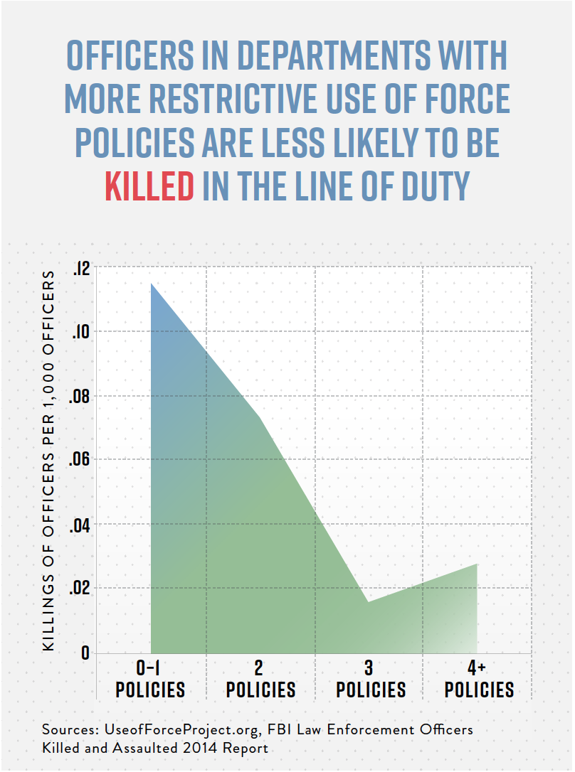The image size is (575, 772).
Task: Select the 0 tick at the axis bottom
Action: pyautogui.click(x=85, y=653)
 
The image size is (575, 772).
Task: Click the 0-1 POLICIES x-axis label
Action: pyautogui.click(x=150, y=680)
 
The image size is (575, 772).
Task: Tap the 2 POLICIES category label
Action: pyautogui.click(x=260, y=680)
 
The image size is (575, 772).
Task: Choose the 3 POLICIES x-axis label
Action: pyautogui.click(x=370, y=680)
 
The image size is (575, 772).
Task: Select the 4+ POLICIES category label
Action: pyautogui.click(x=478, y=680)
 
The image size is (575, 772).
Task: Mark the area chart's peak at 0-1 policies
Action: pyautogui.click(x=151, y=284)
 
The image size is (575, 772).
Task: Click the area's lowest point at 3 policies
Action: pyautogui.click(x=369, y=601)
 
